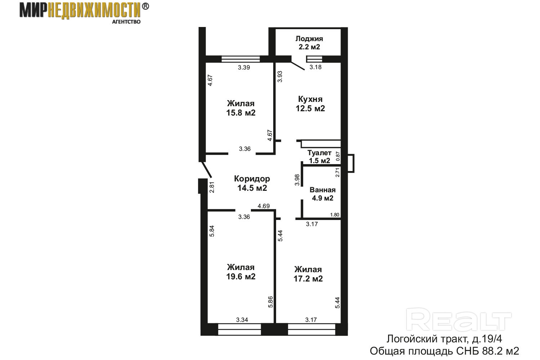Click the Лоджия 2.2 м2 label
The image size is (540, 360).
click(309, 43)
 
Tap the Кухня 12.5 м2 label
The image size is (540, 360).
click(310, 104)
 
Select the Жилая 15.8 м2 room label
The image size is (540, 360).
click(240, 108)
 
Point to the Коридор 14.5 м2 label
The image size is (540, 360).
click(252, 183)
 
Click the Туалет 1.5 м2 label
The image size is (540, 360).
click(319, 157)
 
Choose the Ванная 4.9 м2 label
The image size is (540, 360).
click(323, 194)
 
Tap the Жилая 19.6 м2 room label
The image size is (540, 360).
click(240, 272)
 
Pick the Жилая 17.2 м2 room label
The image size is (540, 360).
click(308, 274)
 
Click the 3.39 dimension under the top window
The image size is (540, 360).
click(244, 68)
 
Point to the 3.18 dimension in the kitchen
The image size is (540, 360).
click(315, 67)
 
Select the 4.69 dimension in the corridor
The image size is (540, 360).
click(264, 206)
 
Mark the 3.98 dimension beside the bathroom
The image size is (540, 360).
click(297, 180)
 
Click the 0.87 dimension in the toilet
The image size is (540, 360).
click(338, 156)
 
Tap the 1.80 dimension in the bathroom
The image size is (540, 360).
click(334, 215)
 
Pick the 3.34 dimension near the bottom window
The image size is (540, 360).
click(242, 320)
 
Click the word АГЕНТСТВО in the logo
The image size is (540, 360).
click(126, 22)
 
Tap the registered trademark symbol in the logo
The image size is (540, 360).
click(145, 6)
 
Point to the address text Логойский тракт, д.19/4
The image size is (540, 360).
click(444, 339)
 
